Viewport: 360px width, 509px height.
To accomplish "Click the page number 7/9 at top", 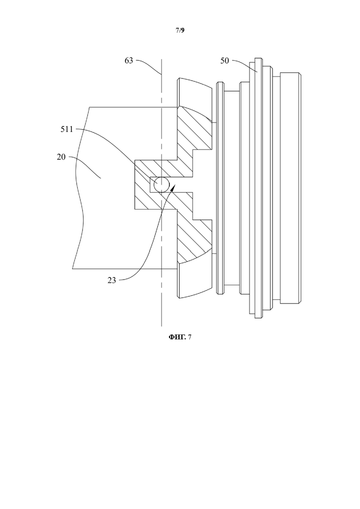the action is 180,30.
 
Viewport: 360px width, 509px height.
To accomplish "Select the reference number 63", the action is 129,61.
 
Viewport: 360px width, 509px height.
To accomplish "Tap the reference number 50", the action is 225,61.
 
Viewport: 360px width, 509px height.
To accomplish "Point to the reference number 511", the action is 67,130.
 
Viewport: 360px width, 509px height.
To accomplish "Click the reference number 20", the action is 61,157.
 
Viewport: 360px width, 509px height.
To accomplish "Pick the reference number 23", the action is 112,280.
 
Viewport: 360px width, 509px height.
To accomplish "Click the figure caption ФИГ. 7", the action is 180,337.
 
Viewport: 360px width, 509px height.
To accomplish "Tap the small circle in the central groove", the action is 162,185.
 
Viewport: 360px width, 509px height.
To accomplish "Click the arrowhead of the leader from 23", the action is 173,188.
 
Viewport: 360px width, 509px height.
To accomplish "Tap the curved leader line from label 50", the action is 244,64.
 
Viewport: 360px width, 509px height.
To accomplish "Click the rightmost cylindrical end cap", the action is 290,188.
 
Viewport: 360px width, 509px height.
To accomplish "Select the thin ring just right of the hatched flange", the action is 220,188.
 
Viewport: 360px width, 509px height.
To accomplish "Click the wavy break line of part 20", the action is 79,188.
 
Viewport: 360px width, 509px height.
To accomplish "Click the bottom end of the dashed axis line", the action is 162,326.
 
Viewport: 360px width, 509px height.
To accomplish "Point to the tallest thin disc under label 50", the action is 258,188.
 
